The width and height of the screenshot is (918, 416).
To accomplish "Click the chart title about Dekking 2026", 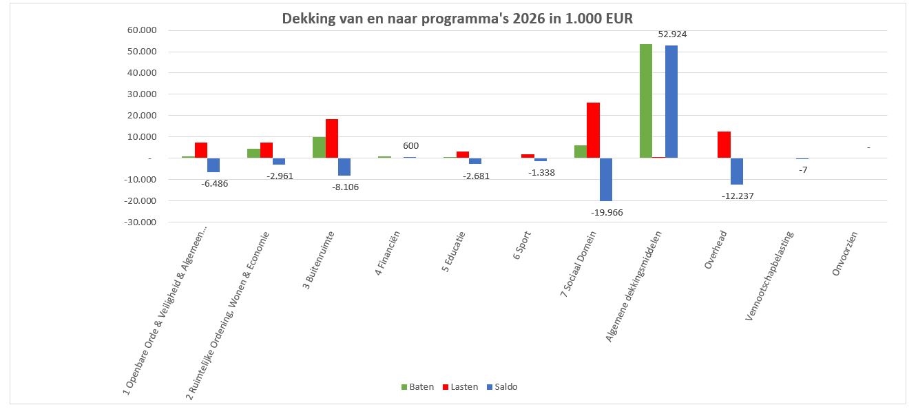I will [x=457, y=19].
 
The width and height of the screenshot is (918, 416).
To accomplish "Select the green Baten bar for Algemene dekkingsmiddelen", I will [x=645, y=101].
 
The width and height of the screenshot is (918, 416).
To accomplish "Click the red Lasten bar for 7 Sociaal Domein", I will [x=593, y=130].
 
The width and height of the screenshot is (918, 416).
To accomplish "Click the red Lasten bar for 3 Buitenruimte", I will [x=332, y=138].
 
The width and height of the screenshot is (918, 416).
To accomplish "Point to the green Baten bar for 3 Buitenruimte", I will [x=319, y=147].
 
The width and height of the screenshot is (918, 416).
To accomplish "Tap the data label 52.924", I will [x=673, y=34].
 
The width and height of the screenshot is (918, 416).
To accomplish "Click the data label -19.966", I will [x=606, y=213].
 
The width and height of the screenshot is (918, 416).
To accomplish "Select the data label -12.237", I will [x=738, y=196].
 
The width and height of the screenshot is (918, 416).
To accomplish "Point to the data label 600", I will [x=410, y=146].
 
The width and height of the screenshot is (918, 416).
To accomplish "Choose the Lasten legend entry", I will [x=459, y=387].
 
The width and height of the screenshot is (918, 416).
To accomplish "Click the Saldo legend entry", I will [x=501, y=387].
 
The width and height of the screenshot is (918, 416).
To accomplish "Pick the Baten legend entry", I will [x=417, y=387].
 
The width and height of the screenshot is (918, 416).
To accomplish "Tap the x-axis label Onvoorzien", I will [x=846, y=253].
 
